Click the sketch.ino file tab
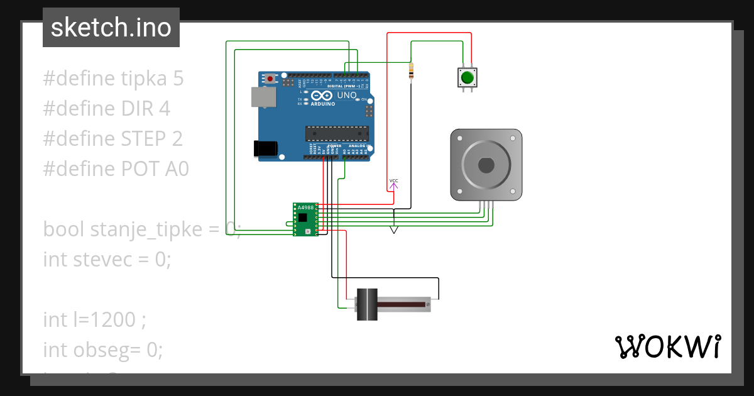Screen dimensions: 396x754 (x=111, y=28)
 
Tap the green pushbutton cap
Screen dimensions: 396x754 (x=466, y=78)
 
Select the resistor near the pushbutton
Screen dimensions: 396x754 (x=411, y=73)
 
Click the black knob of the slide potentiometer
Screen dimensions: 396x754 (x=367, y=304)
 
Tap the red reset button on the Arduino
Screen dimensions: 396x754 (x=271, y=79)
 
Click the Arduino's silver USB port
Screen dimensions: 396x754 (x=262, y=96)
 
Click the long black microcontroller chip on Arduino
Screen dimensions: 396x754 (x=337, y=133)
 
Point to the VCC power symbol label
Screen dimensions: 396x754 (x=393, y=181)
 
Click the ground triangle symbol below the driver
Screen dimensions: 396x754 (x=394, y=230)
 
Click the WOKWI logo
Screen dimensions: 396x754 (x=667, y=346)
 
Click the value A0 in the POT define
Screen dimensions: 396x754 (x=175, y=169)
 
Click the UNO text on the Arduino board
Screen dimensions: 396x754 (x=347, y=96)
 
